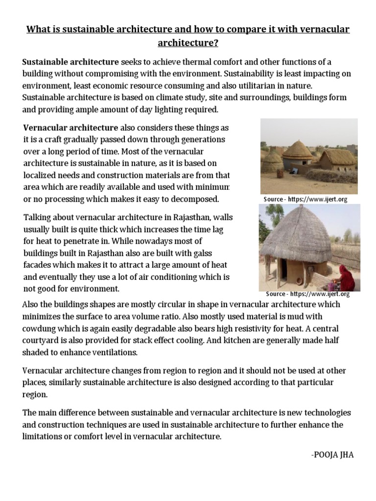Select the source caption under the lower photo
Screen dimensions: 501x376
(x=307, y=294)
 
